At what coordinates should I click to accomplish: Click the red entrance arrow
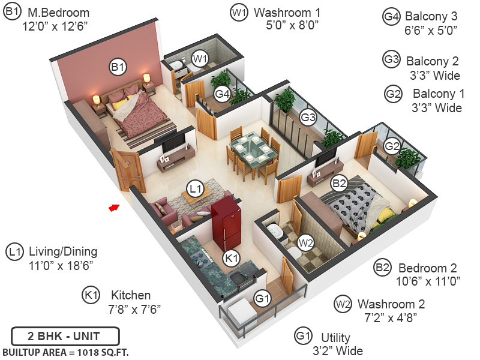pyautogui.click(x=113, y=208)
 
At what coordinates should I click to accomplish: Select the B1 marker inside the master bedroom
pyautogui.click(x=118, y=67)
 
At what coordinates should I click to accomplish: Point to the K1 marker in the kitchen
pyautogui.click(x=230, y=259)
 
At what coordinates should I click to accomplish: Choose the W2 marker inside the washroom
pyautogui.click(x=306, y=243)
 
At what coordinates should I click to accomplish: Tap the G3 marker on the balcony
pyautogui.click(x=308, y=118)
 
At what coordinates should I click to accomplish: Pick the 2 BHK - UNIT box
pyautogui.click(x=65, y=335)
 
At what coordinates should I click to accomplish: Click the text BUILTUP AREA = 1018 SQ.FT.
pyautogui.click(x=65, y=352)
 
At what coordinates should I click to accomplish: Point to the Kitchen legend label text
pyautogui.click(x=131, y=295)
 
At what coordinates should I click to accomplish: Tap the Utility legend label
pyautogui.click(x=335, y=338)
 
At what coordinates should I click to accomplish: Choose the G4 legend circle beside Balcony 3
pyautogui.click(x=391, y=16)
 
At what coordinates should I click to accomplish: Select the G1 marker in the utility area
pyautogui.click(x=262, y=298)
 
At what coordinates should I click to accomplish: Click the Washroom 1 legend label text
pyautogui.click(x=287, y=12)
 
